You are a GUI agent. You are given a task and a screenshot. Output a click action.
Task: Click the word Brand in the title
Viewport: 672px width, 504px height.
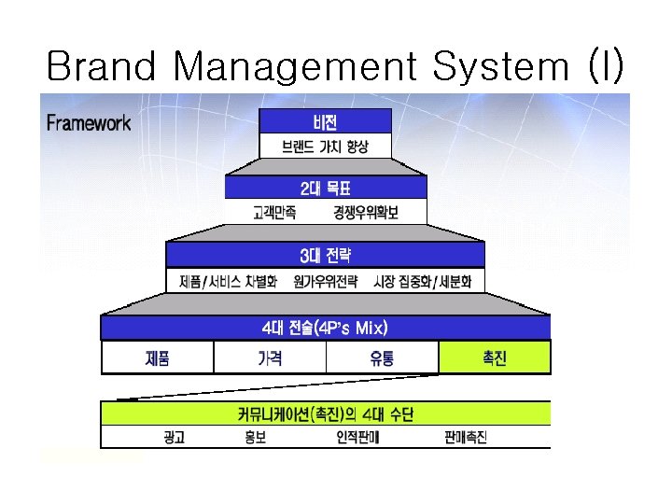point(102,67)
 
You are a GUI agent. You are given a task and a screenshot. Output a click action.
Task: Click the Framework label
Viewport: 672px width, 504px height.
point(89,122)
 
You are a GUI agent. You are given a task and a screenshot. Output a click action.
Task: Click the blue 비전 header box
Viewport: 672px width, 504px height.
point(325,121)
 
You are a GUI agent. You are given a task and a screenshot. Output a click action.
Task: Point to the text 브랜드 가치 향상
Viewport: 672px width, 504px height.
point(325,147)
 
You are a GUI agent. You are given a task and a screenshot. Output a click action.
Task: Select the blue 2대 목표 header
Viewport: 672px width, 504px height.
point(325,188)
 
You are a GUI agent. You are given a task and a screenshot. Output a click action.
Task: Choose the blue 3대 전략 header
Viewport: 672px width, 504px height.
point(325,255)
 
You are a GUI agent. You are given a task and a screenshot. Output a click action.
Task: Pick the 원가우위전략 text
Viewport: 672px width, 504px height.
point(325,280)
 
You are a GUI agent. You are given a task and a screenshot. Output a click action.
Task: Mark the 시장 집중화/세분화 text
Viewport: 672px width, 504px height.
point(422,280)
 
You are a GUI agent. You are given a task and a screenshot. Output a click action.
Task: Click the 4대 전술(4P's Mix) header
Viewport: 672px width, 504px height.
point(325,328)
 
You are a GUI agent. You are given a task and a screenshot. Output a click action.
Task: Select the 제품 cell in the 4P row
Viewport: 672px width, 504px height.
point(157,357)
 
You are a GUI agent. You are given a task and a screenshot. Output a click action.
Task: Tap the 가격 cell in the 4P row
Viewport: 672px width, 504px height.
point(270,357)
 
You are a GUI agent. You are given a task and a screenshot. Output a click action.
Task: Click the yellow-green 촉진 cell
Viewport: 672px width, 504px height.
point(494,357)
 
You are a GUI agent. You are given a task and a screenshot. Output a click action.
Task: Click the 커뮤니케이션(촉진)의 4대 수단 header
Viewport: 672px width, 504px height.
point(325,413)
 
